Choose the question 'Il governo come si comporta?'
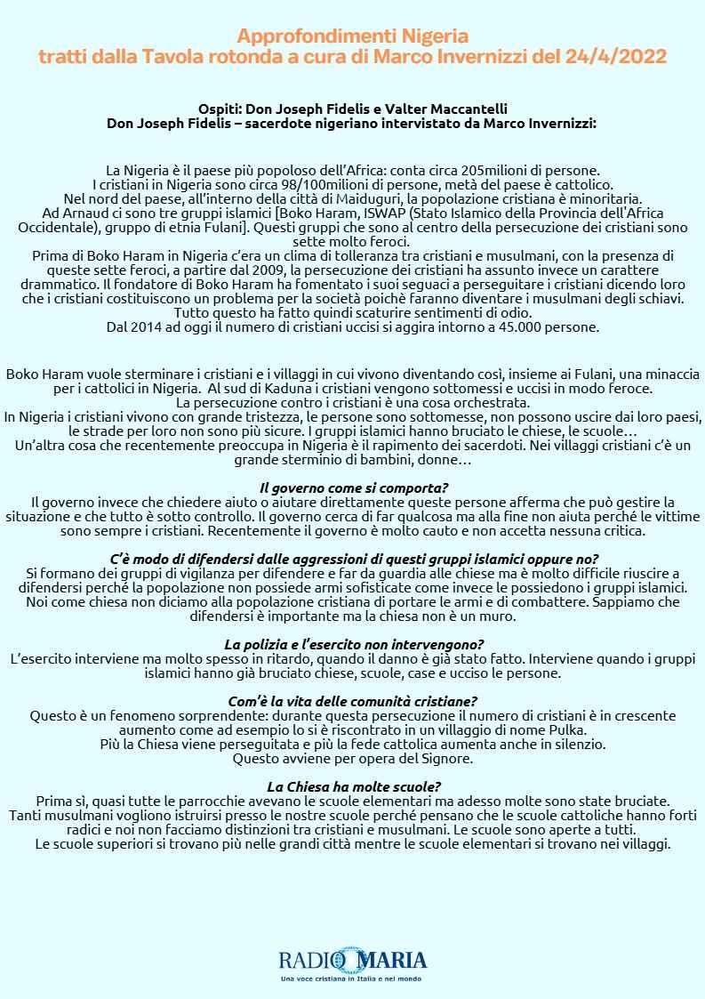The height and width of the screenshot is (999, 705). tap(353, 488)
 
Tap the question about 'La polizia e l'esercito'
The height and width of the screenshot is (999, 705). tap(353, 644)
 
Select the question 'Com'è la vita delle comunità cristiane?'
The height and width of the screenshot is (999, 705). tap(353, 701)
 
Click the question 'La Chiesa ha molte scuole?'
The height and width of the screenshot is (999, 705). tap(353, 786)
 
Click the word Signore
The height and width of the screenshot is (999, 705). tap(448, 759)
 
